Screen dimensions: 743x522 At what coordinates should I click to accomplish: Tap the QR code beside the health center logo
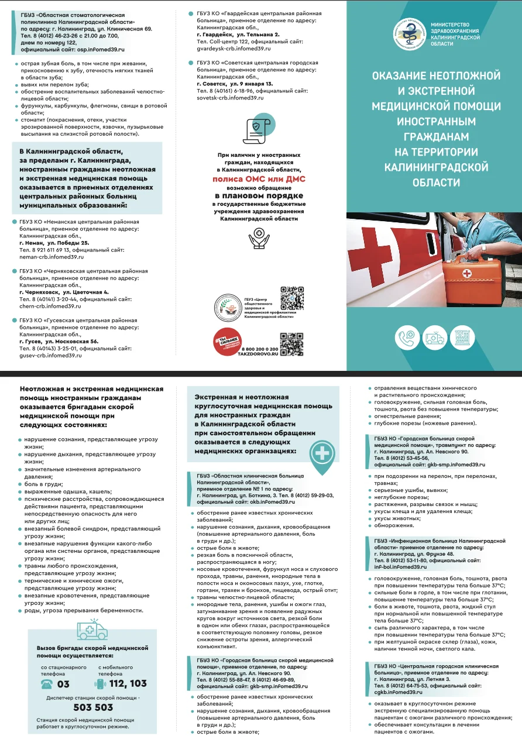tap(291, 298)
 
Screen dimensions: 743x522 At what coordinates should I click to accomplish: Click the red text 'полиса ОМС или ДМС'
tap(258, 179)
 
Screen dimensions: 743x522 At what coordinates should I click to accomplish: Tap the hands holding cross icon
tap(258, 238)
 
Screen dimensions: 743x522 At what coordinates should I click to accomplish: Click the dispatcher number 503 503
tap(92, 707)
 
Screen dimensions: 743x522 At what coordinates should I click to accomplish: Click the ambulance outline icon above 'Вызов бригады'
tap(92, 630)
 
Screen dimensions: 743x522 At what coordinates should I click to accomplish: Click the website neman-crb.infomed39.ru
tap(51, 257)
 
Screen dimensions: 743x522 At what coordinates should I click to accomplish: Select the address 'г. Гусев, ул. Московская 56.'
tap(59, 341)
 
